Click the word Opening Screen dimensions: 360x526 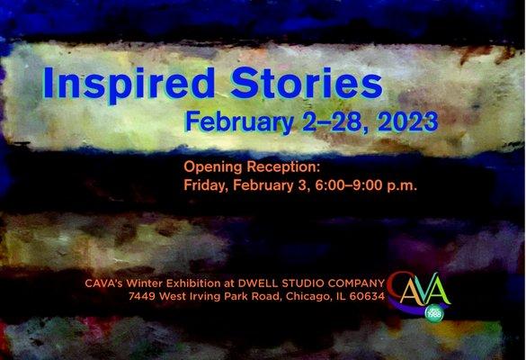(212, 168)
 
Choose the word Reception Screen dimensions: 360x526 (281, 168)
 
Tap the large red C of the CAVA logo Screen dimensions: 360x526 (396, 289)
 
